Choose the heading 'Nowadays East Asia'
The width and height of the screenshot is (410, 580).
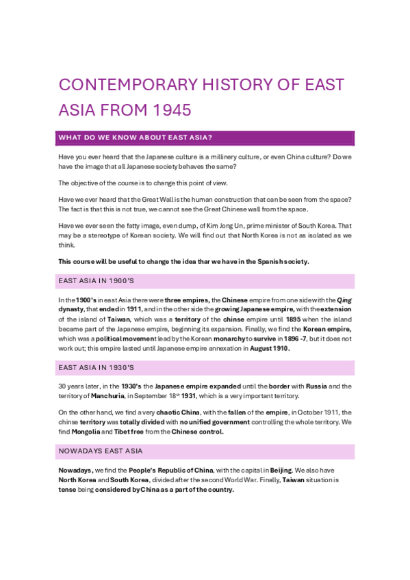click(x=100, y=451)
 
